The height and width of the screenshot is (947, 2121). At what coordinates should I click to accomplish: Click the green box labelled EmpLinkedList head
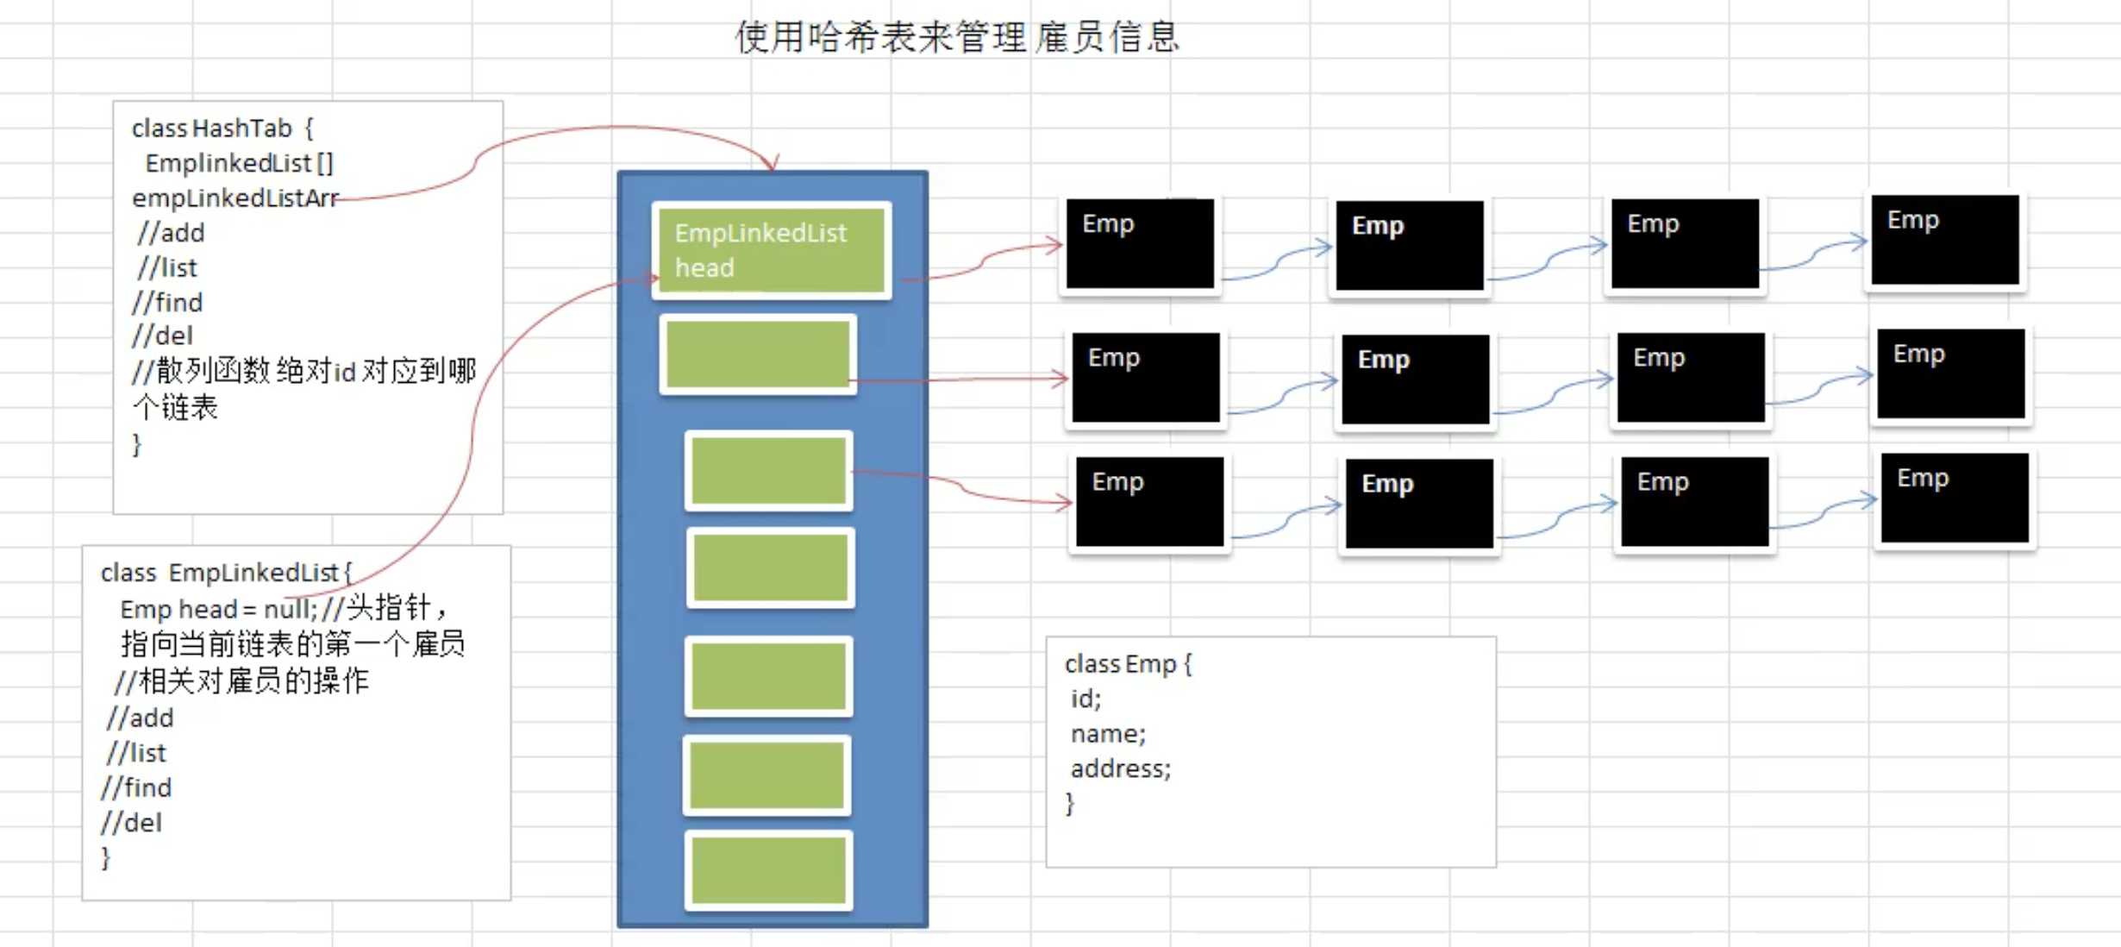tap(771, 250)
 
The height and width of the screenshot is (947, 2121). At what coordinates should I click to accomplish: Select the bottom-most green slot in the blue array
tap(768, 870)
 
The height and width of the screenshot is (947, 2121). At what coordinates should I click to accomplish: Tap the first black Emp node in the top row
tap(1140, 243)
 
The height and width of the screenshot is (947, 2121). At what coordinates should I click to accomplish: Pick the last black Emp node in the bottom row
tap(1955, 498)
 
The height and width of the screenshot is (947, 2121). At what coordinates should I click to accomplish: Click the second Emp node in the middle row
tap(1416, 379)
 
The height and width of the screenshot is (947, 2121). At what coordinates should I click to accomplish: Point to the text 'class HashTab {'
tap(222, 129)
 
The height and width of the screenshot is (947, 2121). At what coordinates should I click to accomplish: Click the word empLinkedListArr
tap(235, 198)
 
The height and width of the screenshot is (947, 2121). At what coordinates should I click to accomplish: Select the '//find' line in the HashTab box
tap(168, 303)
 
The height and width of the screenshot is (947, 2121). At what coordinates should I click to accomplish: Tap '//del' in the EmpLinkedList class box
tap(131, 823)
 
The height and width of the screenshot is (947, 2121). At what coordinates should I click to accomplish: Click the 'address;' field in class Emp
tap(1120, 768)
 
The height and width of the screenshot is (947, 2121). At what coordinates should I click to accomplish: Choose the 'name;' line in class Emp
tap(1108, 734)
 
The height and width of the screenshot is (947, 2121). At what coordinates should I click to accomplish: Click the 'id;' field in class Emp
tap(1086, 699)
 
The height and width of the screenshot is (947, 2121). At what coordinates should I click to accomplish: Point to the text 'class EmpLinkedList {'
tap(226, 573)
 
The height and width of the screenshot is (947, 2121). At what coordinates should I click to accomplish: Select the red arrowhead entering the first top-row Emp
tap(1055, 245)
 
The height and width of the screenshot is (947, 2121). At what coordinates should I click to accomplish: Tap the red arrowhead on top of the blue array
tap(773, 164)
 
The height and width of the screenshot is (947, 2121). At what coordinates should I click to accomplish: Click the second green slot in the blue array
tap(758, 354)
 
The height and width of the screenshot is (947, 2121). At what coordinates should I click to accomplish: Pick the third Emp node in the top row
tap(1685, 243)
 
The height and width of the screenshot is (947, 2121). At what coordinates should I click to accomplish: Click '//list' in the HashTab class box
tap(167, 268)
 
